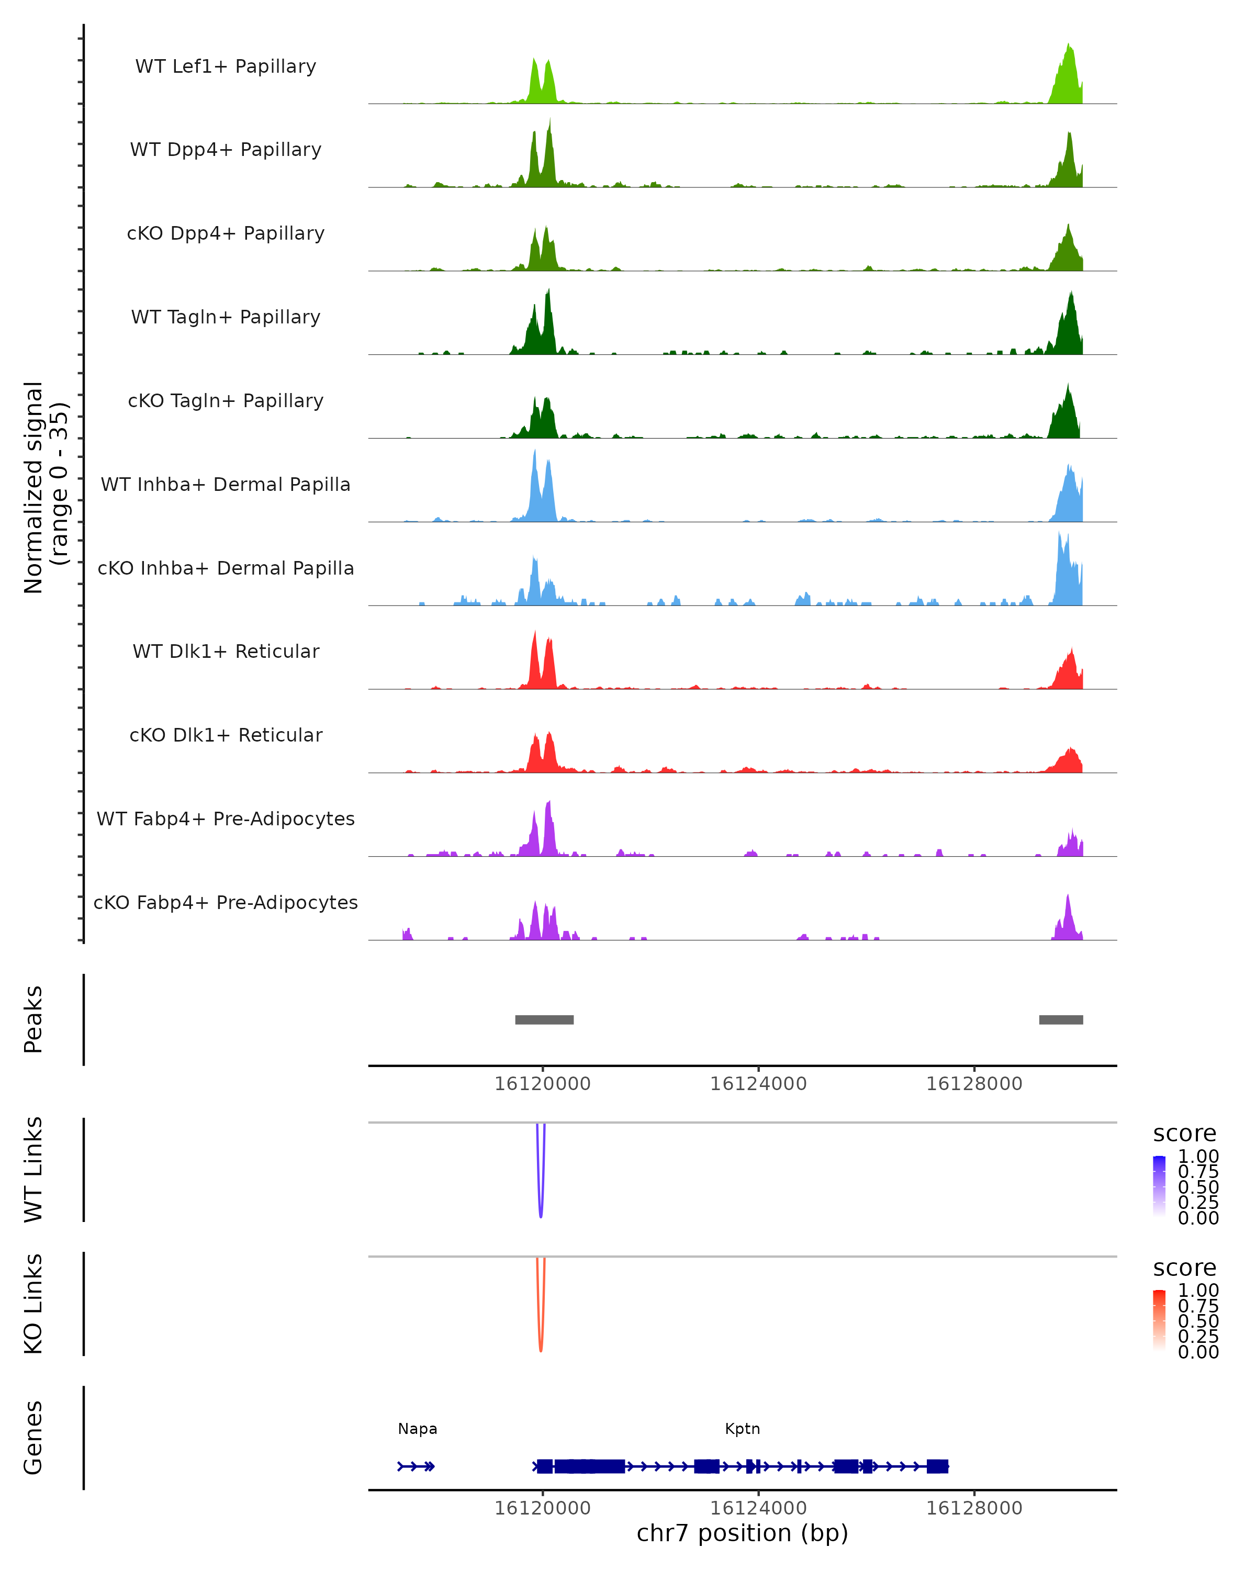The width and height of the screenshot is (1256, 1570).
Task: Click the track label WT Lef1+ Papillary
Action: (x=226, y=66)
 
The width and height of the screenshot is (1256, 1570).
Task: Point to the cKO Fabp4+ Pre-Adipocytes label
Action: (x=226, y=902)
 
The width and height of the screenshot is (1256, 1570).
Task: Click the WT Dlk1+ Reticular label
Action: (x=226, y=651)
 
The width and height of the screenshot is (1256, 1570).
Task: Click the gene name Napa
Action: (x=417, y=1429)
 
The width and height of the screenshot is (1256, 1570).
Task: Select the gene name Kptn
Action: (x=742, y=1429)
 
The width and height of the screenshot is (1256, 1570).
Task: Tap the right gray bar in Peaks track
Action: (x=1060, y=1019)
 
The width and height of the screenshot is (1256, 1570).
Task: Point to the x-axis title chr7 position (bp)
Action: (x=742, y=1533)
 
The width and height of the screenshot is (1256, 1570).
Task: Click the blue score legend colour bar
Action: (x=1159, y=1186)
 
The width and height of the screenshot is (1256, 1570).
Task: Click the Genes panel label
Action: (x=33, y=1438)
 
